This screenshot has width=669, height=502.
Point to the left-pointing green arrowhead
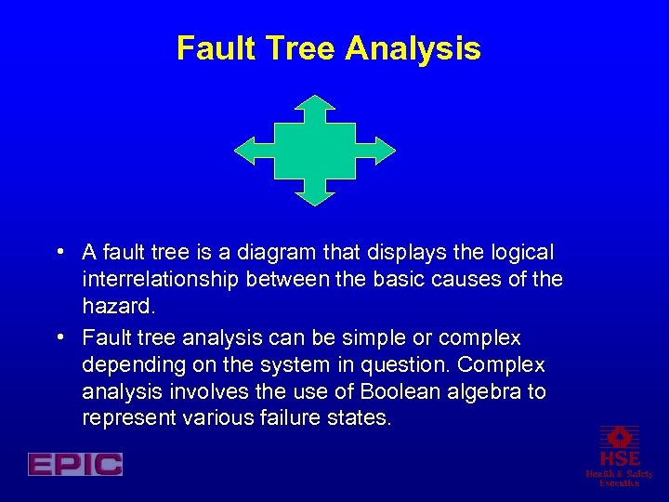click(x=244, y=150)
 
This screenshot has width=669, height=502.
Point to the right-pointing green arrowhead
click(x=386, y=150)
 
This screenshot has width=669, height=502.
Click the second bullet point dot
click(x=59, y=337)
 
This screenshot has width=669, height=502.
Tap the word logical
click(x=518, y=253)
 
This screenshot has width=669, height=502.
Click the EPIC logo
click(x=75, y=464)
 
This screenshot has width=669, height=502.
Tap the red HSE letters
click(x=620, y=459)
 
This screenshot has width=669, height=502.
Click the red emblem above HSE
click(x=620, y=436)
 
